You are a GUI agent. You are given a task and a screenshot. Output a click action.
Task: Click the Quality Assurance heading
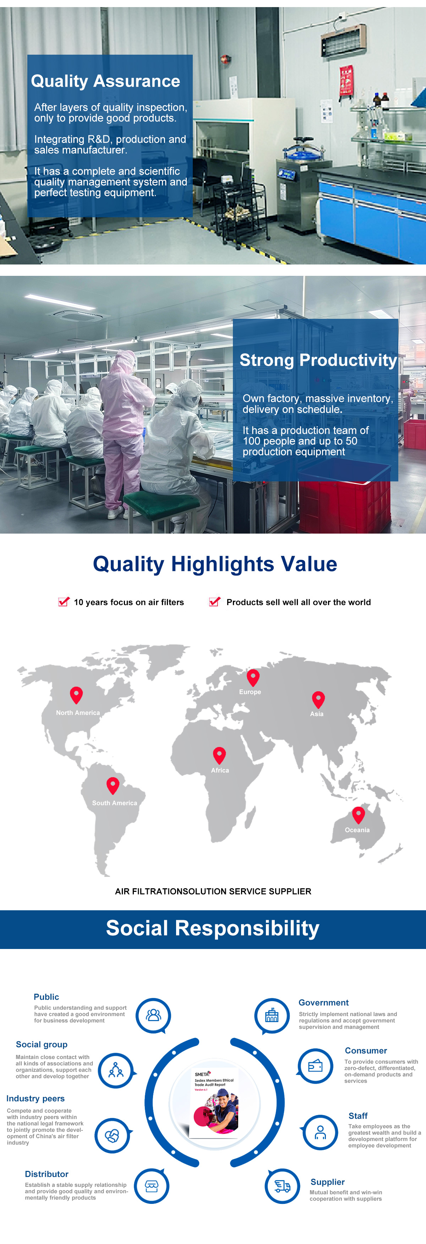pyautogui.click(x=105, y=82)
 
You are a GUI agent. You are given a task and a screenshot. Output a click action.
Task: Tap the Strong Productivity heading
pyautogui.click(x=318, y=360)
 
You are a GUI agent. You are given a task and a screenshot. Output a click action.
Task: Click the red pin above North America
pyautogui.click(x=76, y=695)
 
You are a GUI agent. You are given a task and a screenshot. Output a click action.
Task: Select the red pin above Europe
pyautogui.click(x=253, y=677)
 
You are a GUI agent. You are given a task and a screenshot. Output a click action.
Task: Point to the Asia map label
pyautogui.click(x=317, y=714)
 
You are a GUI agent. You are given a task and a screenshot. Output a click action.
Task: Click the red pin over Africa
pyautogui.click(x=219, y=755)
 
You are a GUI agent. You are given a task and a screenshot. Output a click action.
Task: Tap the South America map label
pyautogui.click(x=114, y=803)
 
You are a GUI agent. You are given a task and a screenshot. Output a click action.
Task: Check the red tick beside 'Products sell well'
pyautogui.click(x=214, y=601)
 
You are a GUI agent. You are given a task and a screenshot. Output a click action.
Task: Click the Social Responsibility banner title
pyautogui.click(x=213, y=928)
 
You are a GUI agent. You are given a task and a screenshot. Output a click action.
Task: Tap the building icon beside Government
pyautogui.click(x=272, y=1016)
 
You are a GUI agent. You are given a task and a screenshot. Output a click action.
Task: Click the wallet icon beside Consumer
pyautogui.click(x=315, y=1066)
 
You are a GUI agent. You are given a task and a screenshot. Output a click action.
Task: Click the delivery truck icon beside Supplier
pyautogui.click(x=283, y=1186)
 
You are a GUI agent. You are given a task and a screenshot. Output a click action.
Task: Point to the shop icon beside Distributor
pyautogui.click(x=152, y=1186)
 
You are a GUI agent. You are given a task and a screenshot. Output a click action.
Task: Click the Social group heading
pyautogui.click(x=42, y=1044)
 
